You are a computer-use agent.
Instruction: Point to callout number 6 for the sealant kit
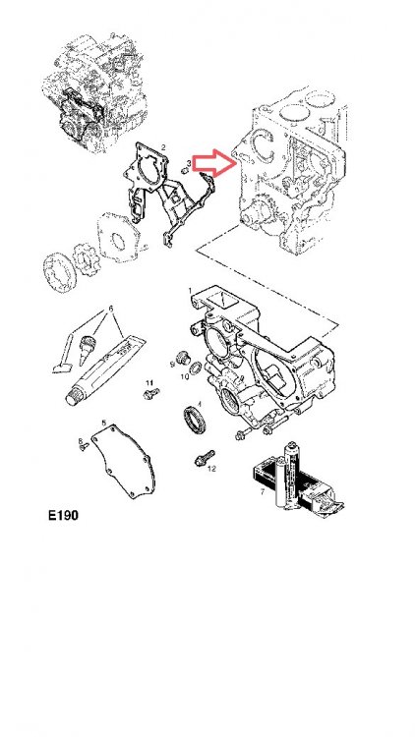(111, 308)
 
